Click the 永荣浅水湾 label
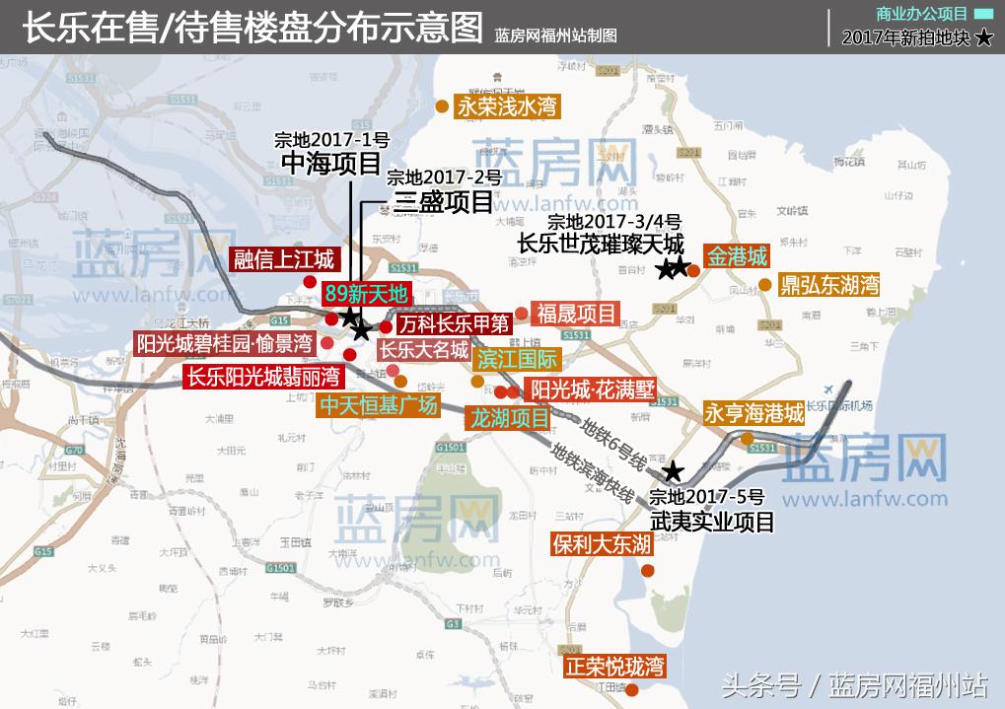506,106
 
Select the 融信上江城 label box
283,259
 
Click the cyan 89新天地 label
365,293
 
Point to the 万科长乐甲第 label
455,322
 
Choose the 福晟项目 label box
576,314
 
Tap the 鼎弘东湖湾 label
828,286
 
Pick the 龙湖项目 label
509,418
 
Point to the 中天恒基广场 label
377,405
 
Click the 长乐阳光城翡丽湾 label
263,376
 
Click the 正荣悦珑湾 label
614,666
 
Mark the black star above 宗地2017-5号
673,471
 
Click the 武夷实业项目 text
713,522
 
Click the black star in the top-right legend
983,38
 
